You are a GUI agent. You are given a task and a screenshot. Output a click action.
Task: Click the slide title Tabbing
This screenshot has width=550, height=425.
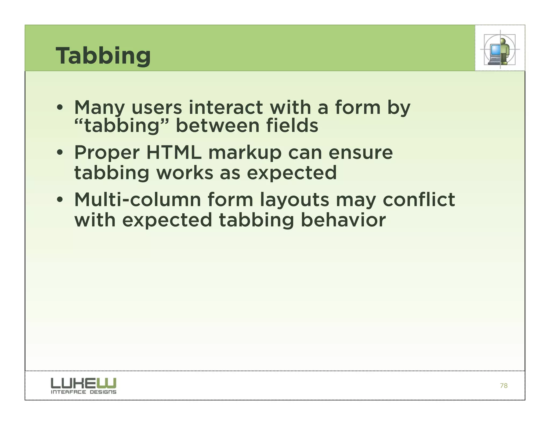pyautogui.click(x=103, y=56)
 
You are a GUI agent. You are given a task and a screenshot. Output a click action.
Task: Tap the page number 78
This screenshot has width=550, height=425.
pyautogui.click(x=504, y=386)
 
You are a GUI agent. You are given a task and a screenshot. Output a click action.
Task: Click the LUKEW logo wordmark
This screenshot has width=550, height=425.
pyautogui.click(x=84, y=383)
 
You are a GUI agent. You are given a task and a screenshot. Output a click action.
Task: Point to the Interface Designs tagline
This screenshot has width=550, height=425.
pyautogui.click(x=84, y=392)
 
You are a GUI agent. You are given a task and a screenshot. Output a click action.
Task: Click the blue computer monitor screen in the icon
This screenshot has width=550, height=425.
pyautogui.click(x=495, y=49)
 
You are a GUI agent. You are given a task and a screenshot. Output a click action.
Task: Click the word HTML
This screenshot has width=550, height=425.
pyautogui.click(x=174, y=153)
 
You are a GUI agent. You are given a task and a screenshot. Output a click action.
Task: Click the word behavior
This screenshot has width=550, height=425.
pyautogui.click(x=343, y=220)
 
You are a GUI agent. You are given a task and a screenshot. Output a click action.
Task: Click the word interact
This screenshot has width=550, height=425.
pyautogui.click(x=226, y=107)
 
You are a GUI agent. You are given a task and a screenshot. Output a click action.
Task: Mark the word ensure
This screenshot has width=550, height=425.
pyautogui.click(x=361, y=153)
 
